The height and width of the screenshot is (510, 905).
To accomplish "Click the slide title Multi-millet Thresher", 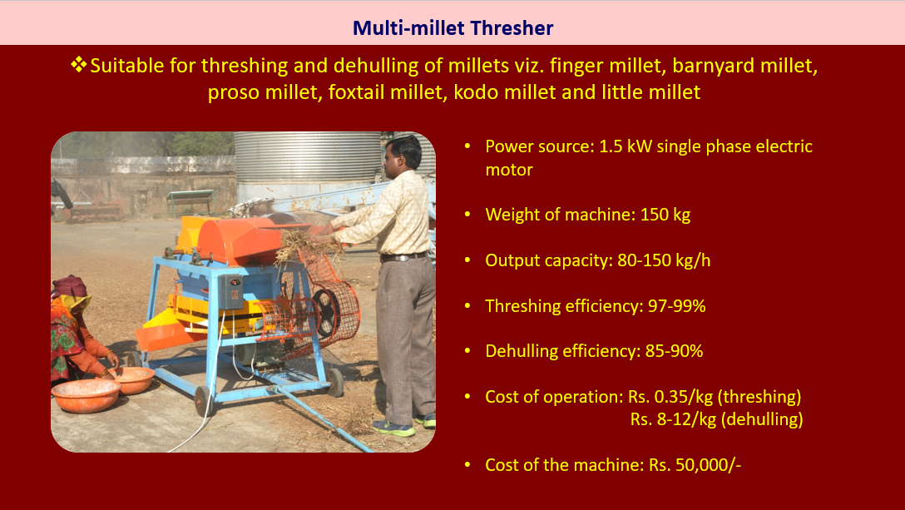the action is tap(452, 27).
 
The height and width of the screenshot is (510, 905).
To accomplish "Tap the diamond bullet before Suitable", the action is tap(78, 64).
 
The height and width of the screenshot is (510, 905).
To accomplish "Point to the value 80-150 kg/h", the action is tap(664, 260).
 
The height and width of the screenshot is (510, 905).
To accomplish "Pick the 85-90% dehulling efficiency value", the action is tap(674, 351).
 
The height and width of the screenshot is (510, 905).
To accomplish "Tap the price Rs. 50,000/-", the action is tap(695, 465).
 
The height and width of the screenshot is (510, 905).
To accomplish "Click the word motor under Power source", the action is tap(508, 170).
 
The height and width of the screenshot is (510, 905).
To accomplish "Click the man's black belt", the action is tap(403, 256).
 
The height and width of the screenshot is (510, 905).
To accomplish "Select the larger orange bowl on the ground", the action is tap(86, 395).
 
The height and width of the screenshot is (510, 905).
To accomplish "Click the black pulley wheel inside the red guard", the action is tap(325, 312).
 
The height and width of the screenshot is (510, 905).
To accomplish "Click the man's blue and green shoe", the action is tap(393, 428).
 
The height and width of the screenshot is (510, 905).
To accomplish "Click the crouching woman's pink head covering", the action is tap(69, 287).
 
